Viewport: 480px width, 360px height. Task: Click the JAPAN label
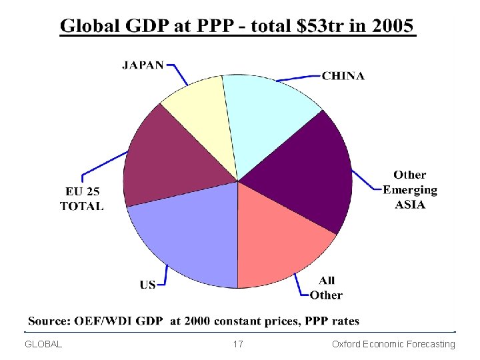[x=143, y=65]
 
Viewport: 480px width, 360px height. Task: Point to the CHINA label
[x=343, y=76]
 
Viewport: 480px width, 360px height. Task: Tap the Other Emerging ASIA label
[x=410, y=189]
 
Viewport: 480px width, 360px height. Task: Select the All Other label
[x=326, y=288]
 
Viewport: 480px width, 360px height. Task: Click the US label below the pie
[x=147, y=285]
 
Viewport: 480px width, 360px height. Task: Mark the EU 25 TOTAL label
[x=82, y=199]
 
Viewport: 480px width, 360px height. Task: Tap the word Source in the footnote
[x=47, y=321]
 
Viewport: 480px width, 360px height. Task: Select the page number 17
[x=238, y=344]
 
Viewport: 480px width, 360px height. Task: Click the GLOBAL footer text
[x=43, y=344]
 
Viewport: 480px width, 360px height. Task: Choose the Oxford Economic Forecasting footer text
[x=393, y=344]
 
